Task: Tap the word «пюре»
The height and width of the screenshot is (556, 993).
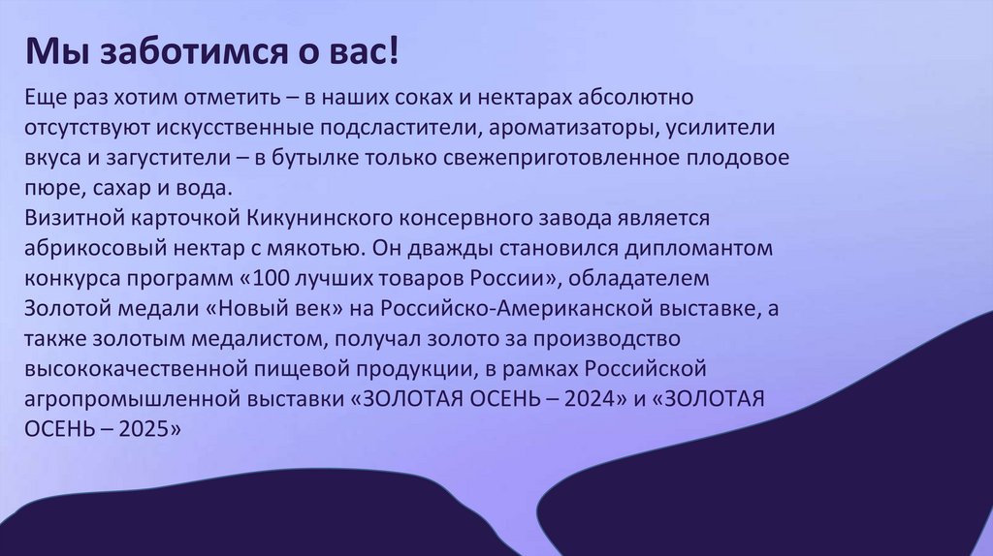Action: pyautogui.click(x=48, y=187)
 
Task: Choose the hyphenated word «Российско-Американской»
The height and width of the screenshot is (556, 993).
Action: pyautogui.click(x=528, y=309)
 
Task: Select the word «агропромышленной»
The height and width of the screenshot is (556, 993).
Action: pyautogui.click(x=123, y=400)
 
